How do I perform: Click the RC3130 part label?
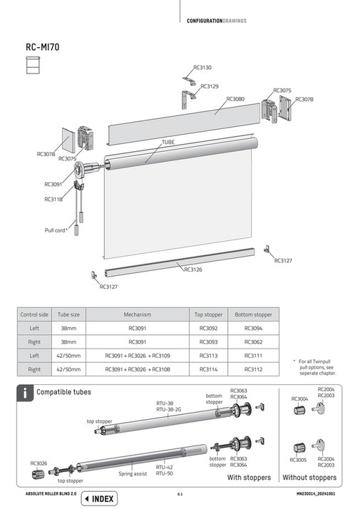(x=202, y=67)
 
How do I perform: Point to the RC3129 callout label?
(x=210, y=86)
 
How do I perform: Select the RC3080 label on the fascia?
(x=235, y=99)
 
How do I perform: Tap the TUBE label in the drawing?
(x=168, y=143)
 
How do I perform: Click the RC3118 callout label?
(x=53, y=200)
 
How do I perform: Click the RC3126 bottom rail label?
(x=192, y=269)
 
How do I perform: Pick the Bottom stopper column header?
(x=253, y=314)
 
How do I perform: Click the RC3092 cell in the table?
(x=208, y=328)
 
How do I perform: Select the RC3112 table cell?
(x=253, y=369)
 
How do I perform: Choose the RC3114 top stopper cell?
(x=208, y=369)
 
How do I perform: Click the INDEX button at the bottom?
(x=99, y=498)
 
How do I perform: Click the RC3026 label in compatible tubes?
(x=39, y=463)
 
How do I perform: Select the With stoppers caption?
(x=249, y=478)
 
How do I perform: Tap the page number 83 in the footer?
(x=180, y=494)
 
